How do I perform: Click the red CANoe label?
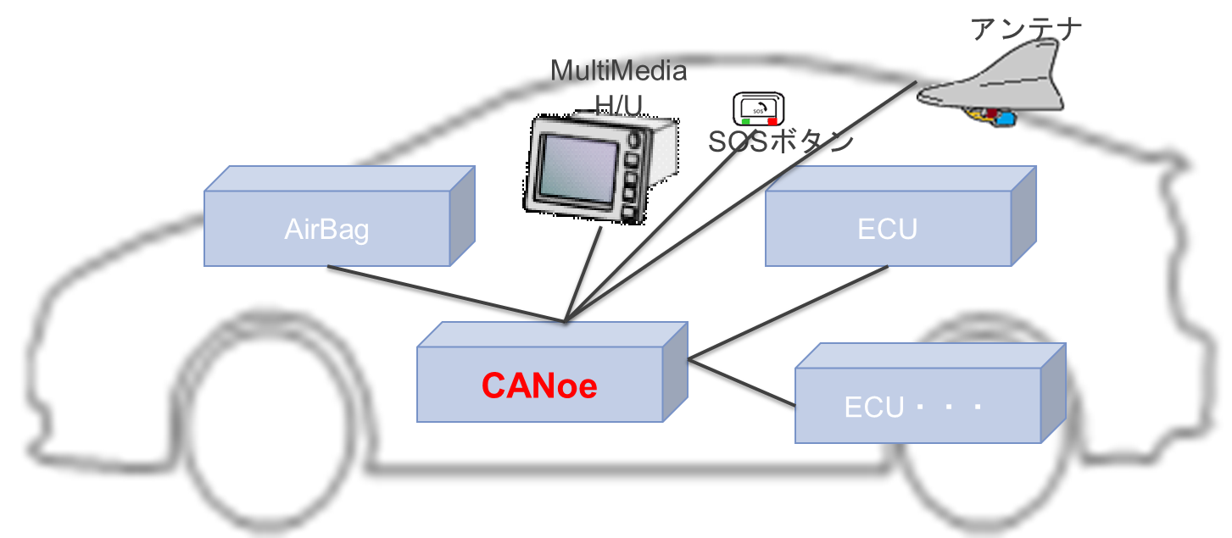coord(539,386)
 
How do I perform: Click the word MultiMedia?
coord(618,70)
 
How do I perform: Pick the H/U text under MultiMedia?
coord(618,103)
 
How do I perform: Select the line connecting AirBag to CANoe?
coord(441,293)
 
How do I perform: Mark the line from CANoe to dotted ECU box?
coord(742,384)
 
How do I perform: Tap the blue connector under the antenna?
coord(1004,119)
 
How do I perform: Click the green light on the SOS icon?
coord(745,121)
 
